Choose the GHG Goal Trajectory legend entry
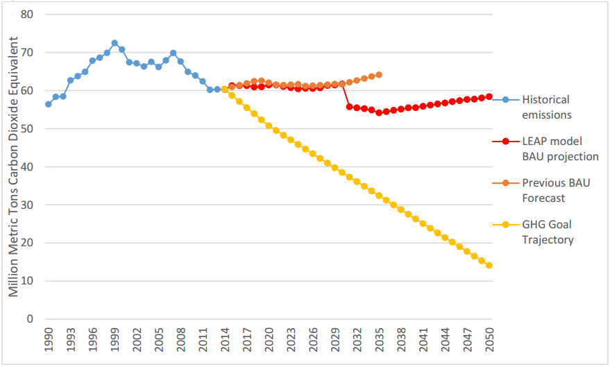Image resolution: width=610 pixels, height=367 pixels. click(x=548, y=232)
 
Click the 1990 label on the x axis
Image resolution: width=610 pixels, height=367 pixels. click(x=48, y=342)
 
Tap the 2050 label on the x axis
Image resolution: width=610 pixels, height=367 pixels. click(x=489, y=342)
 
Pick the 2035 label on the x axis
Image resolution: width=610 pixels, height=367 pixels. click(x=379, y=342)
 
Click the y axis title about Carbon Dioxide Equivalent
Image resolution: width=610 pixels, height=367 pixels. click(x=14, y=164)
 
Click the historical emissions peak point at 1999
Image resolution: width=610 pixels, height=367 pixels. click(x=115, y=43)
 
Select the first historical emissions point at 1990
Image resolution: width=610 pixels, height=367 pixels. click(x=48, y=104)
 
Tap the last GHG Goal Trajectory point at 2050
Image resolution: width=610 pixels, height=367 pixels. click(x=489, y=266)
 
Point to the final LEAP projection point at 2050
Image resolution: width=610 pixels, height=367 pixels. click(x=489, y=96)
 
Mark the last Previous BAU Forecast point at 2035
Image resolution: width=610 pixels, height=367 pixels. click(x=379, y=75)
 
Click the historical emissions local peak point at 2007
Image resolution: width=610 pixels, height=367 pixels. click(x=173, y=53)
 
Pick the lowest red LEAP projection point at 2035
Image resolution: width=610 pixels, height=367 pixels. click(x=379, y=112)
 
